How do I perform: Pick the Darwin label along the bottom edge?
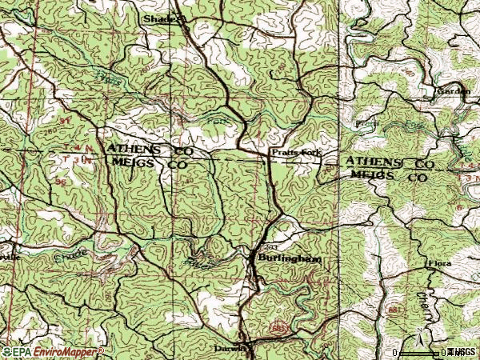click(x=228, y=349)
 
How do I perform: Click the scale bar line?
click(x=419, y=352)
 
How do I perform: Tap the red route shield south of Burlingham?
click(x=277, y=328)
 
